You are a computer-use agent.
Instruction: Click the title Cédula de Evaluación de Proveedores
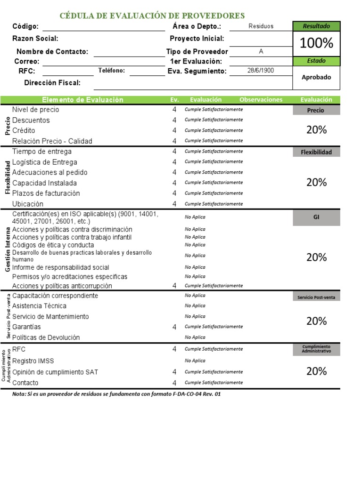tap(152, 16)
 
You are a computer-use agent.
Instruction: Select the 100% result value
tap(316, 43)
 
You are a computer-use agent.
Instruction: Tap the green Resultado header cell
tap(316, 26)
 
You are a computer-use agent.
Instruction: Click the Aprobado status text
tap(316, 77)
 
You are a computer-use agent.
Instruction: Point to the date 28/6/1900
tap(261, 71)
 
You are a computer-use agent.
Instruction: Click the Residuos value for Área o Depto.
tap(261, 26)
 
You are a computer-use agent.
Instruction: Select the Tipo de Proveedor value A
tap(261, 51)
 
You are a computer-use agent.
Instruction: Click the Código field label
tap(25, 27)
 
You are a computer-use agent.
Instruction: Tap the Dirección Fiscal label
tap(52, 83)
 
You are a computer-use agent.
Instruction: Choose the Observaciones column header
tap(261, 100)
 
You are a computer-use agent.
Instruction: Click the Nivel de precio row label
tap(36, 110)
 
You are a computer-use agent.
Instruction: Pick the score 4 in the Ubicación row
tap(174, 204)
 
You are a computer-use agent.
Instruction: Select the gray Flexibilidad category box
tap(316, 152)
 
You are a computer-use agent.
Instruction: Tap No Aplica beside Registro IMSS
tap(195, 361)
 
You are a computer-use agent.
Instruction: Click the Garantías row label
tap(26, 327)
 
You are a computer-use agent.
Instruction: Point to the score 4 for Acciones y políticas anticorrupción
tap(174, 286)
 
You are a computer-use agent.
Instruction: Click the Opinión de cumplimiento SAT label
tap(55, 372)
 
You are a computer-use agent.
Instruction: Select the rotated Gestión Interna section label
tap(8, 248)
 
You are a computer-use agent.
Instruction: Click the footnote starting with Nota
tap(116, 394)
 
